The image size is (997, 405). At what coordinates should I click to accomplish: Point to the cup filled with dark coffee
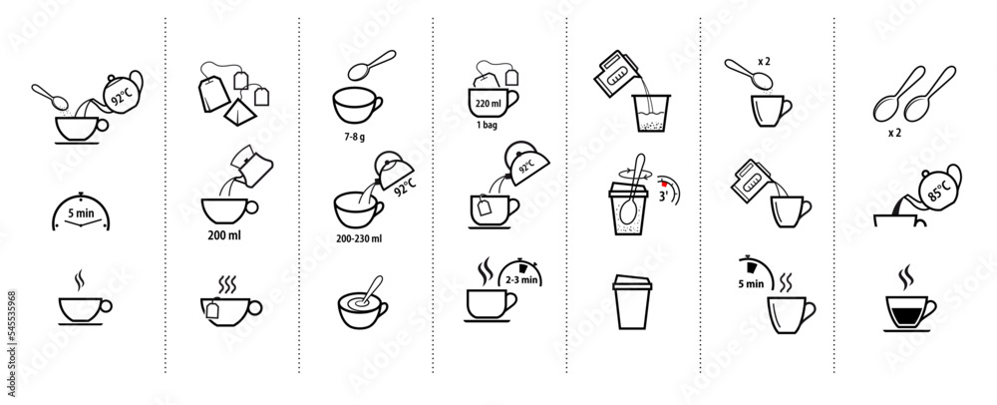pos(905,312)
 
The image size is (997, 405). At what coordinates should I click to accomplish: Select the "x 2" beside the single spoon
pos(764,62)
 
